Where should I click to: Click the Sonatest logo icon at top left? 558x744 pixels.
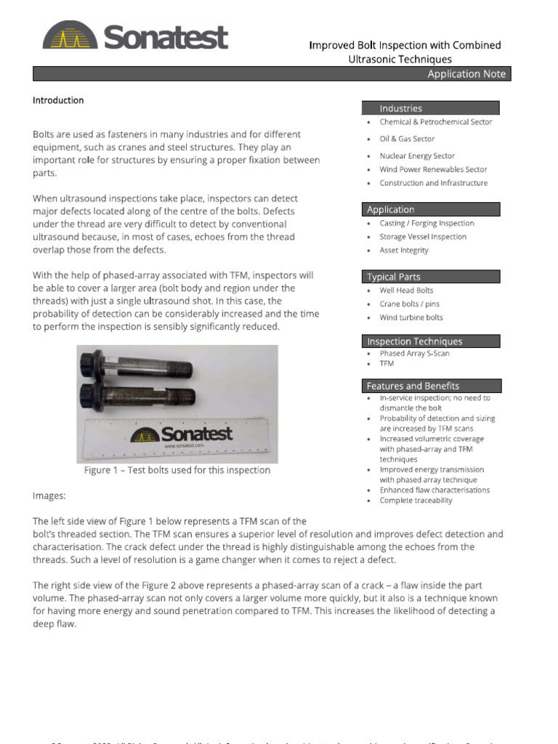click(x=70, y=36)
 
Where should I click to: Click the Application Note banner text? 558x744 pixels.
click(x=466, y=74)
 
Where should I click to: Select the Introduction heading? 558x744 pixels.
click(x=58, y=100)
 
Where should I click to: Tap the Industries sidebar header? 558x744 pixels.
click(x=400, y=108)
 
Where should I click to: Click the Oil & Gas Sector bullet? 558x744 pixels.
click(x=407, y=139)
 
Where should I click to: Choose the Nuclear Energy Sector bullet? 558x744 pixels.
click(x=417, y=155)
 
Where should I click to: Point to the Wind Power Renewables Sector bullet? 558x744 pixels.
click(x=433, y=169)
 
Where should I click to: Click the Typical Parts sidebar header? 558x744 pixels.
click(x=394, y=277)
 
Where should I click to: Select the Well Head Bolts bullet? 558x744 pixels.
click(x=406, y=291)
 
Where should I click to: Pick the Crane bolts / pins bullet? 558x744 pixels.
click(x=409, y=304)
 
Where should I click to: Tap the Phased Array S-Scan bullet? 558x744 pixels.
click(x=414, y=353)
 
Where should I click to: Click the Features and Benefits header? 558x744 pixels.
click(x=413, y=386)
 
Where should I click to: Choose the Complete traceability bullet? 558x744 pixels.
click(x=416, y=500)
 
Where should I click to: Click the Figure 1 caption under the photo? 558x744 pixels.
click(x=177, y=470)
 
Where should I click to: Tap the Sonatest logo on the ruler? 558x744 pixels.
click(x=181, y=434)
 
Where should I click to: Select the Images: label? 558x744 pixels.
click(x=49, y=496)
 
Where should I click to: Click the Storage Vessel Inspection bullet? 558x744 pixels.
click(x=423, y=237)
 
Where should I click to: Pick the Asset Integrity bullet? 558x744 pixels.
click(x=404, y=250)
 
